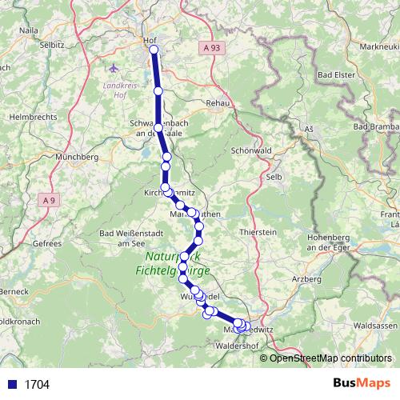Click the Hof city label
click(148, 39)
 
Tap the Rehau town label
click(218, 103)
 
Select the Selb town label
click(274, 176)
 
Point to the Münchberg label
click(78, 158)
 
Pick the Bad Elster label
click(336, 74)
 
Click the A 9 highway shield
click(50, 200)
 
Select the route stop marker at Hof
click(154, 50)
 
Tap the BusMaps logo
click(362, 384)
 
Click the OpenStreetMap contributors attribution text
click(330, 358)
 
